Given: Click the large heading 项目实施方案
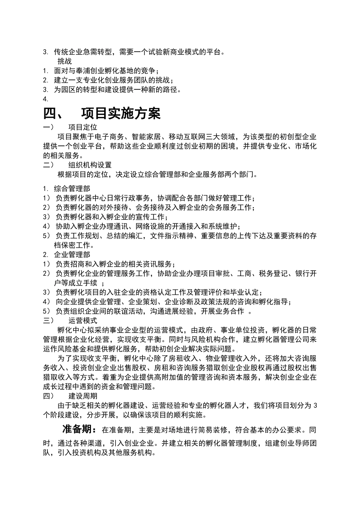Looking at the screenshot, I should tap(121, 114).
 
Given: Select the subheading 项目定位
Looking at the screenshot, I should tap(83, 127).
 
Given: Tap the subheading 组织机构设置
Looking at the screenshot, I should tap(90, 165).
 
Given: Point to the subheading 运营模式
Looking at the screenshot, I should tap(83, 320).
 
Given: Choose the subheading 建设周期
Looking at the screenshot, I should tap(83, 396).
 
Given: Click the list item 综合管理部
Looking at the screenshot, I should tap(72, 188).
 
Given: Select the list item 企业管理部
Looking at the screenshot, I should tap(72, 254).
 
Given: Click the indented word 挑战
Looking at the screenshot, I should tap(64, 61).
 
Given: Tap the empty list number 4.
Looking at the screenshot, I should tap(45, 99).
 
